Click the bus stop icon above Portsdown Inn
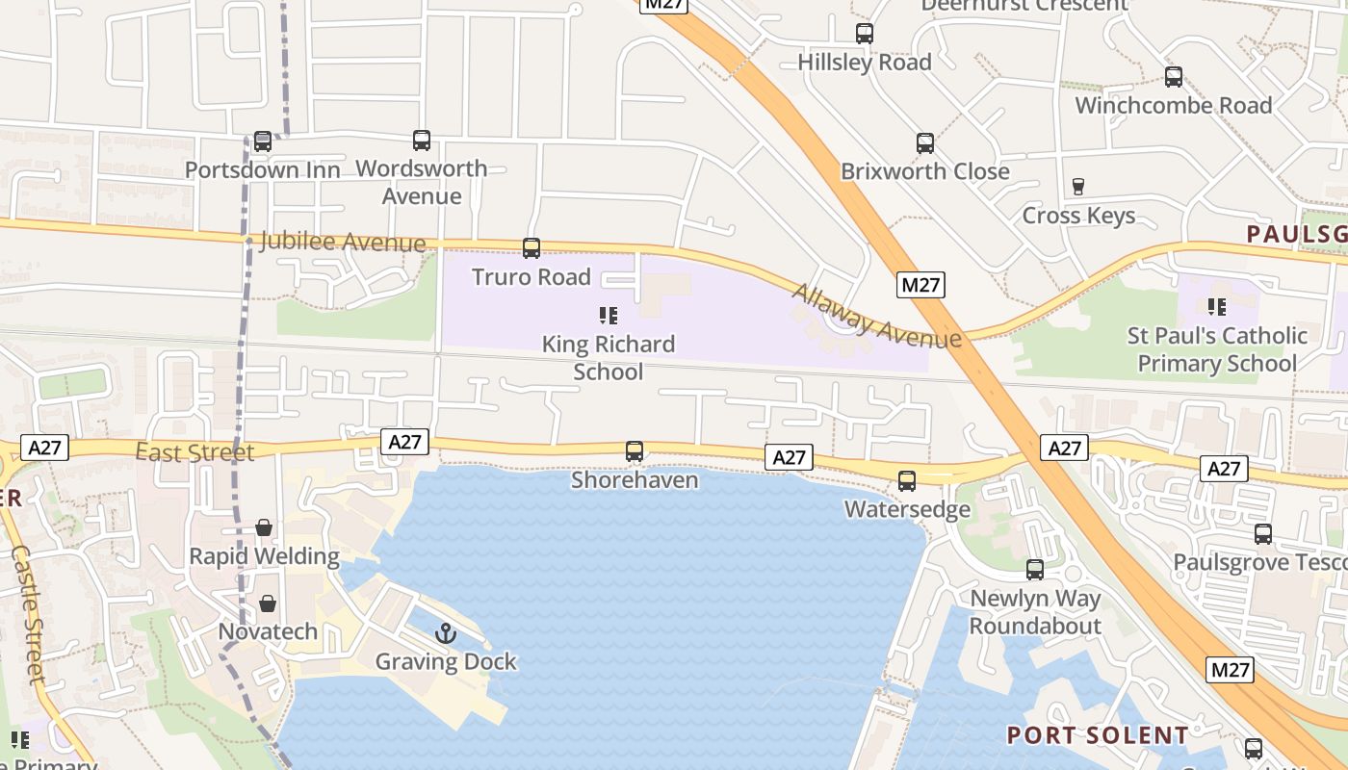(x=262, y=141)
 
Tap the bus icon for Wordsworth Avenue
(x=422, y=141)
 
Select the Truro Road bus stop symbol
(x=531, y=248)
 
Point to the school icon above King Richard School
(x=608, y=315)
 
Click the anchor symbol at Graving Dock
(x=445, y=632)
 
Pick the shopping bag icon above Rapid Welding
(x=264, y=527)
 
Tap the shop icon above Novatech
(x=267, y=603)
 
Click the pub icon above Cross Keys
(x=1078, y=187)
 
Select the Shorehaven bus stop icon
(x=635, y=451)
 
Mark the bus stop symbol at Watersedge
(x=907, y=480)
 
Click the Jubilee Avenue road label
(x=343, y=242)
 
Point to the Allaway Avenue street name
(x=876, y=315)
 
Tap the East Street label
(x=194, y=452)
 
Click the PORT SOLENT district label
(x=1098, y=735)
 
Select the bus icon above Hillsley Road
(x=865, y=34)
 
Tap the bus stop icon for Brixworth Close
(x=925, y=143)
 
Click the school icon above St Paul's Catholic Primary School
(x=1217, y=307)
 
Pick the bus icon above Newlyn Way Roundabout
(x=1035, y=570)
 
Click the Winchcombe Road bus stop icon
(x=1174, y=77)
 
